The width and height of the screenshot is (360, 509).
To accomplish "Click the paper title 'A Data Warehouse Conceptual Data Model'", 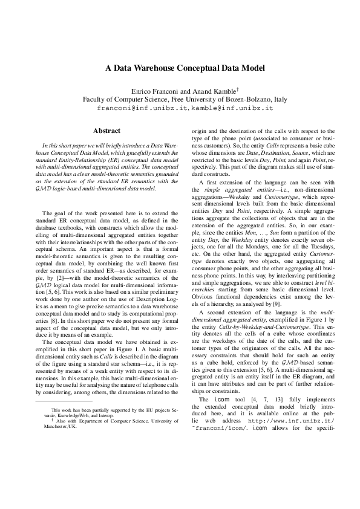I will tap(180, 69).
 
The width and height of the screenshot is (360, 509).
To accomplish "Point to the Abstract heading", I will tap(106, 131).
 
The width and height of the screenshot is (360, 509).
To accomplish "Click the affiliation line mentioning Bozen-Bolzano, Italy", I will tap(180, 99).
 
